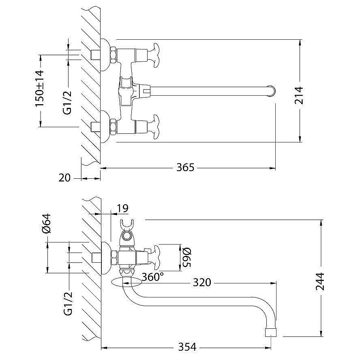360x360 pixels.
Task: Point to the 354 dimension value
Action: (x=187, y=347)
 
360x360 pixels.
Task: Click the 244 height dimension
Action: (x=321, y=280)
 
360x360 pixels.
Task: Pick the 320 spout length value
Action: (x=202, y=282)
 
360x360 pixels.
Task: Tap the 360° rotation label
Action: (x=153, y=276)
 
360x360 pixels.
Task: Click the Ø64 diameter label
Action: (x=46, y=223)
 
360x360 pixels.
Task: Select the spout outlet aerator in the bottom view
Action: (x=271, y=331)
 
